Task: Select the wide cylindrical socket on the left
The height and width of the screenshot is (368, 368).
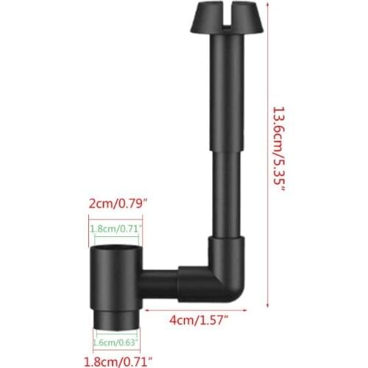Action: pos(115,272)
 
